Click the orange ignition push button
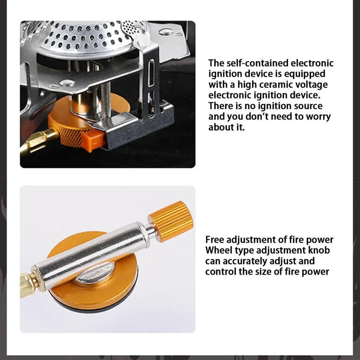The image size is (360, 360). tap(93, 141)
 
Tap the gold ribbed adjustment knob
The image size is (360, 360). tap(170, 221)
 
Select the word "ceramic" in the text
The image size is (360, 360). tap(281, 85)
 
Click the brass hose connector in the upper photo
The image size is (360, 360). tap(38, 141)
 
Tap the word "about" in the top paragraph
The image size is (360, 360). tap(220, 127)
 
